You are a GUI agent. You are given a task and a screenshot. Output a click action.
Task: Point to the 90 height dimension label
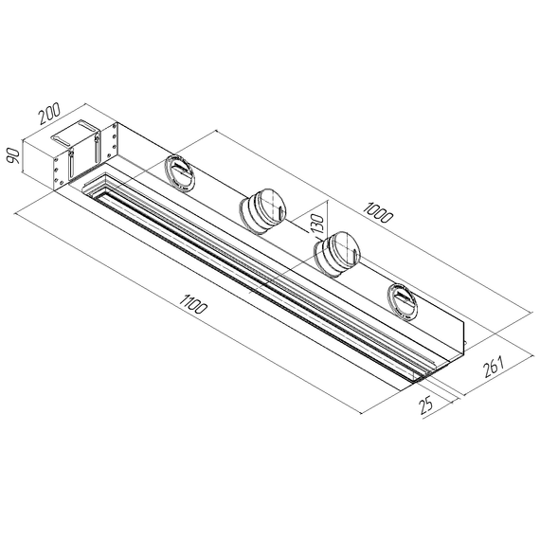coord(14,154)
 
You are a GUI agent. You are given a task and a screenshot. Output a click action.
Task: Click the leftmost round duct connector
coord(178,171)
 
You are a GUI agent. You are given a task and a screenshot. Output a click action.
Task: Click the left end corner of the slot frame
coord(92,188)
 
